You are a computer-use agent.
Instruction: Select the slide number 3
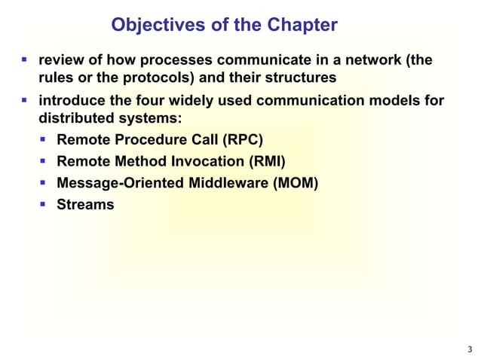pos(470,348)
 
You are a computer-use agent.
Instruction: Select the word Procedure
pos(142,140)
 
